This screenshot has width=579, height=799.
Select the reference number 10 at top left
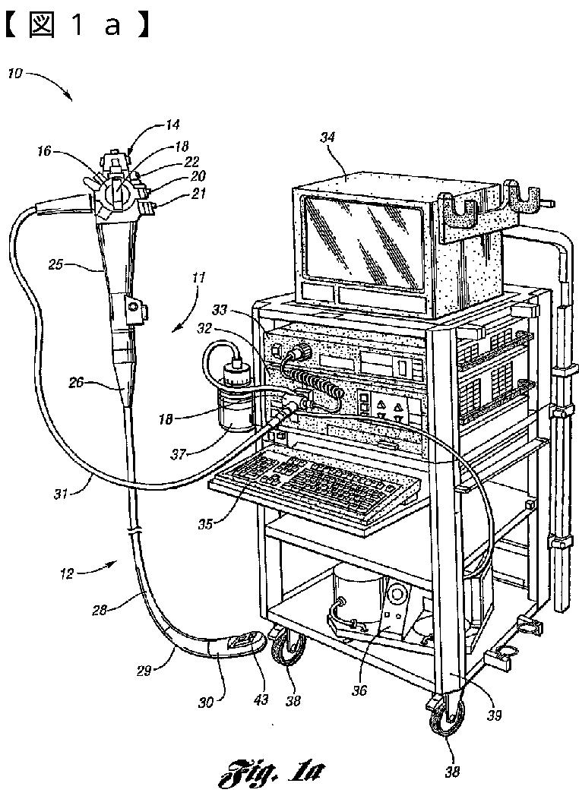[x=15, y=74]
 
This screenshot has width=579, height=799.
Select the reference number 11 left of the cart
[x=197, y=279]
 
